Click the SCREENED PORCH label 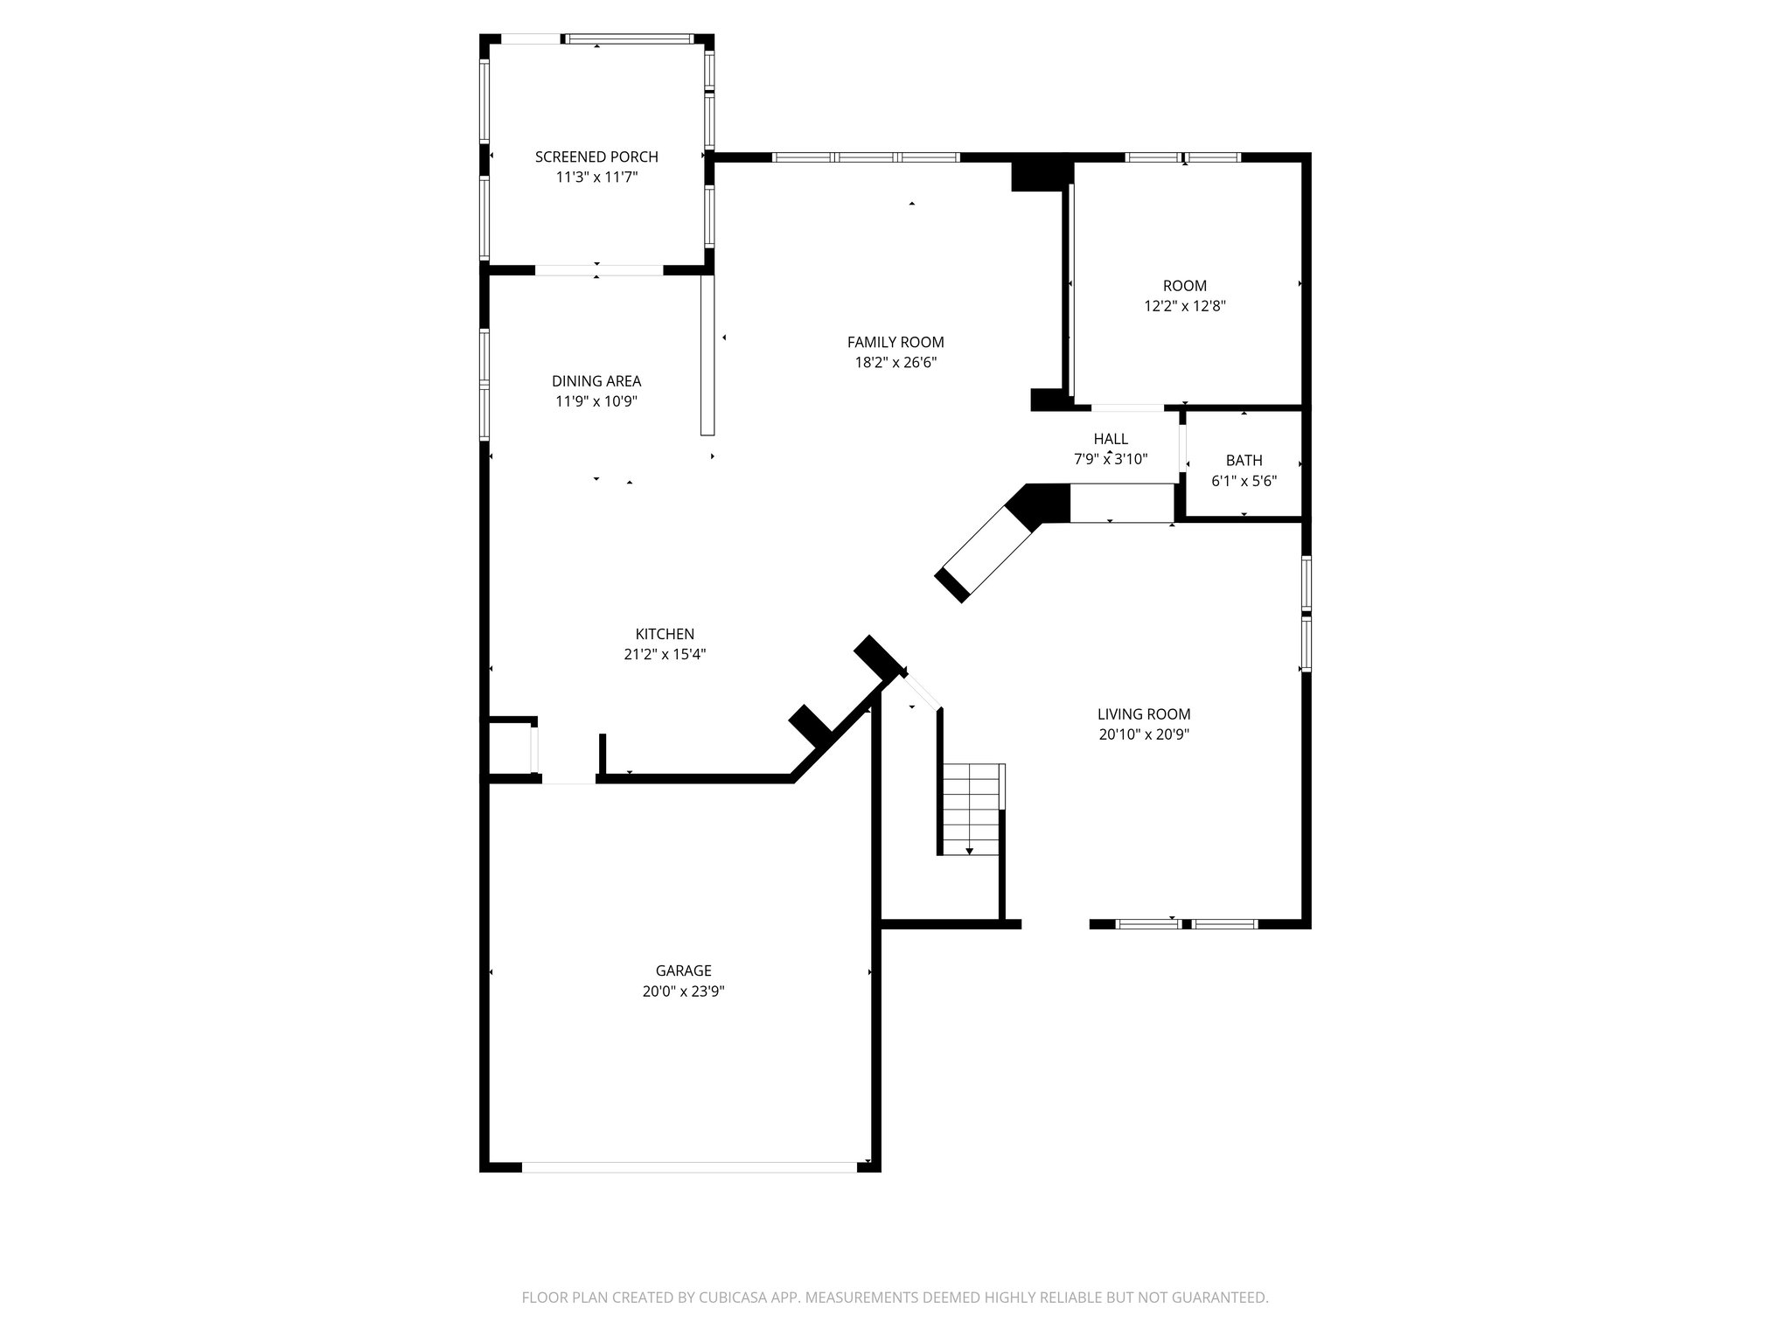[596, 157]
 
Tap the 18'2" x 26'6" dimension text [895, 363]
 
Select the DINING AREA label [596, 381]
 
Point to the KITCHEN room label [665, 634]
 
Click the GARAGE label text [683, 971]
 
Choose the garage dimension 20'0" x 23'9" [683, 992]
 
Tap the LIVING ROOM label [1144, 714]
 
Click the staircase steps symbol [970, 809]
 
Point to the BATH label [1244, 460]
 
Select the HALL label [1111, 439]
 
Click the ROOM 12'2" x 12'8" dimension [1185, 306]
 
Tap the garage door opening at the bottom [689, 1166]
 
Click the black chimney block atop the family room [1041, 172]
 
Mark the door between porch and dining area [599, 270]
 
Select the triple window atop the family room [866, 157]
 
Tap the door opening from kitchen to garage [569, 778]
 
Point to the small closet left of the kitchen [510, 748]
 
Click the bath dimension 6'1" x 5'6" [1244, 481]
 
